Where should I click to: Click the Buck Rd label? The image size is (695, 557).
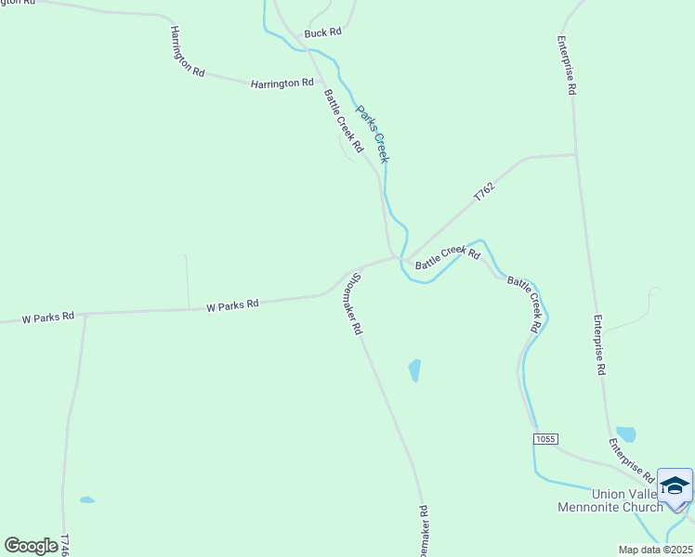tap(323, 32)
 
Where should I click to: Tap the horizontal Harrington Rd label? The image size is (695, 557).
tap(282, 84)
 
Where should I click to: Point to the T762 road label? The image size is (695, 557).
tap(484, 192)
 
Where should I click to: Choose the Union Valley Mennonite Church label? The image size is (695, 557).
tap(610, 500)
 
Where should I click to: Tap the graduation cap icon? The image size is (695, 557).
tap(675, 486)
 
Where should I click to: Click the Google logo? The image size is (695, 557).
tap(32, 545)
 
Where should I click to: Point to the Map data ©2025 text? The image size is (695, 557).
tap(655, 550)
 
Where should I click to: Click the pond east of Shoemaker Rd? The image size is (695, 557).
tap(414, 370)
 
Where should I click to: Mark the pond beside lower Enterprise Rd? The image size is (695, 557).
tap(626, 434)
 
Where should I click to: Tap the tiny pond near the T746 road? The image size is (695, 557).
tap(87, 500)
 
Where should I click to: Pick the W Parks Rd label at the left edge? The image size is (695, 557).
tap(48, 317)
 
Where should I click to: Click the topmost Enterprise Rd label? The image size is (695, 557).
tap(567, 66)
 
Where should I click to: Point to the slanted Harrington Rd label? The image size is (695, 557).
tap(186, 51)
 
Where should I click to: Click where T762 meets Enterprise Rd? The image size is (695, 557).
tap(575, 154)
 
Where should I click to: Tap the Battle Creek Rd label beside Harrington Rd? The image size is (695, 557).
tap(343, 121)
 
